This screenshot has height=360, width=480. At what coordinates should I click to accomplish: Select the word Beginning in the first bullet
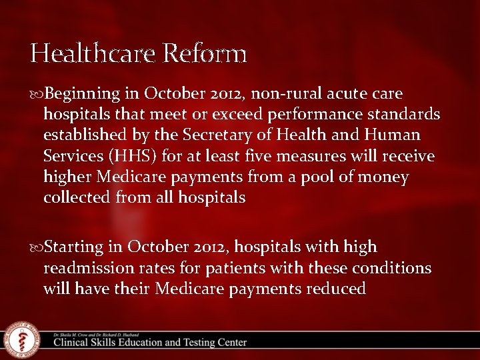[84, 93]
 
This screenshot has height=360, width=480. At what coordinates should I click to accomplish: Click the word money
[383, 177]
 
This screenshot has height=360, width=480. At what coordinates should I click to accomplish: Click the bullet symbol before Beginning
[37, 93]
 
